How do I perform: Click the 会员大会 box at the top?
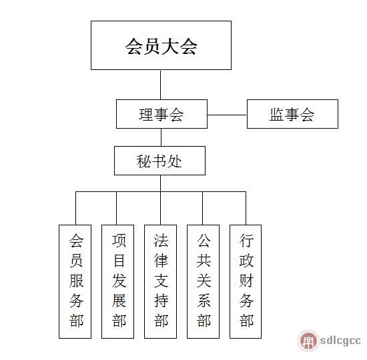[x=161, y=45]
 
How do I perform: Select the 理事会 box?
[x=161, y=114]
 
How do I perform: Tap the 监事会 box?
[x=292, y=114]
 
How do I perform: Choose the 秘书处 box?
[x=159, y=161]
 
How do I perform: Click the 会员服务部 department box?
[x=75, y=281]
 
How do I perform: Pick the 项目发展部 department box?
[x=117, y=281]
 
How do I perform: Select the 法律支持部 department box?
[x=160, y=281]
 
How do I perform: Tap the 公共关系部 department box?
[x=203, y=281]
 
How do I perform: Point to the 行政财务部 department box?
[x=246, y=281]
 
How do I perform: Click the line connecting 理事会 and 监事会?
[x=227, y=115]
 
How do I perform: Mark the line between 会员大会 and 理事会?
[x=161, y=85]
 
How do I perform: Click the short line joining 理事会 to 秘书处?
[x=161, y=137]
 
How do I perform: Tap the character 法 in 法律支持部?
[x=161, y=241]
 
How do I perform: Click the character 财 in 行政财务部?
[x=246, y=280]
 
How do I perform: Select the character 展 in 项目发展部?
[x=119, y=301]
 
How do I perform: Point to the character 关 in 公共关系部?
[x=204, y=280]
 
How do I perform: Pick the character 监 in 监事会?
[x=277, y=115]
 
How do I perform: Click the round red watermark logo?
[x=308, y=341]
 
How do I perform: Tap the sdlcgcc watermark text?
[x=340, y=341]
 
